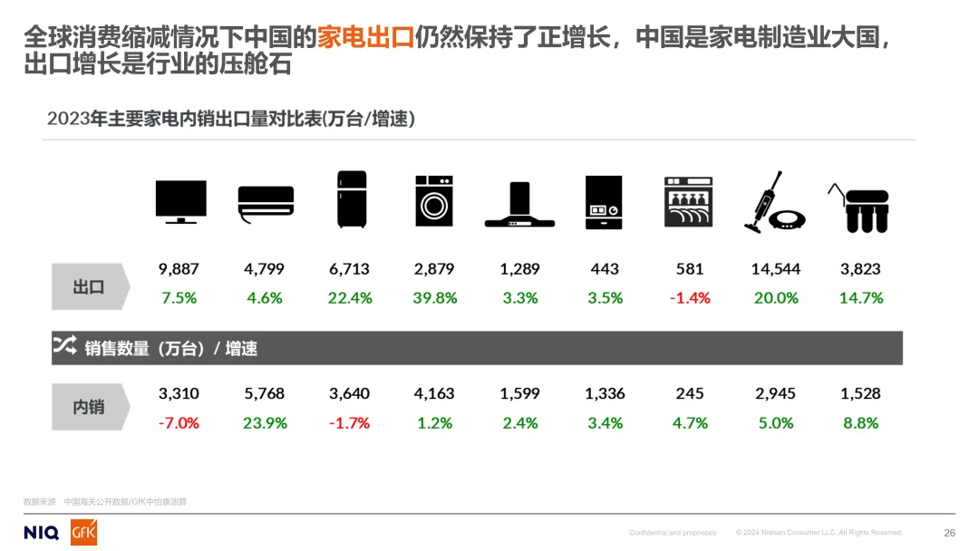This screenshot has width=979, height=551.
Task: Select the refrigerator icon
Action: tap(350, 199)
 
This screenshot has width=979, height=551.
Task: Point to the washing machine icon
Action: tap(434, 200)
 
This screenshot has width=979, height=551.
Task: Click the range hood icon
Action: tap(519, 205)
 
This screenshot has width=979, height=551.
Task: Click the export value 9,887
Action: tap(179, 269)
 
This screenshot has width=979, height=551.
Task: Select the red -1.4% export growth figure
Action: tap(690, 298)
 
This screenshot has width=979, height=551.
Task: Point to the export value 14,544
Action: tap(776, 269)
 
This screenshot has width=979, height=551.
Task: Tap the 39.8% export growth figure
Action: tap(435, 298)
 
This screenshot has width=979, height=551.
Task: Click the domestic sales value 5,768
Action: tap(264, 394)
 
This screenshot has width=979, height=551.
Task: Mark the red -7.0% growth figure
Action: tap(179, 423)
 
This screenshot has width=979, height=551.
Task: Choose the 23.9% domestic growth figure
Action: tap(265, 423)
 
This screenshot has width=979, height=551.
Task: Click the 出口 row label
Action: tap(89, 287)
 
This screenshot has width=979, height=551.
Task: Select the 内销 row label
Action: tap(89, 407)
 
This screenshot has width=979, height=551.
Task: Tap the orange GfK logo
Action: tap(84, 532)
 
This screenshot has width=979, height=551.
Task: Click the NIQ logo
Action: tap(42, 532)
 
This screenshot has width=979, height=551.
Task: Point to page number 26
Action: tap(949, 533)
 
